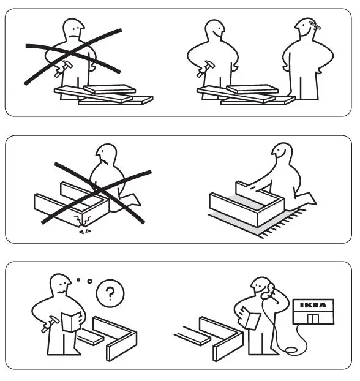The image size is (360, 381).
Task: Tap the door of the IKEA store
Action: [x=312, y=319]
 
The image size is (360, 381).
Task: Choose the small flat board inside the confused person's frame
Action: [x=88, y=336]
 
